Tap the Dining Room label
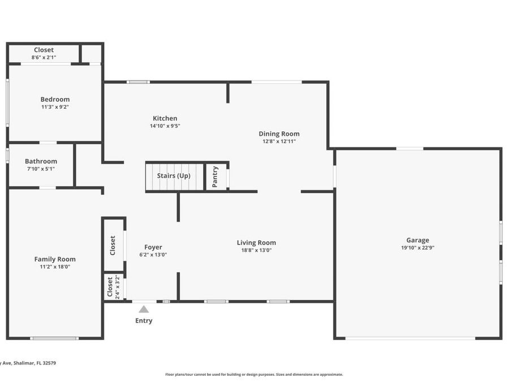(x=279, y=134)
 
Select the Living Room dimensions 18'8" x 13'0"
(x=256, y=250)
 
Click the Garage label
(x=417, y=240)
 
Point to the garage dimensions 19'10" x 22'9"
(x=417, y=247)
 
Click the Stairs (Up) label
(x=174, y=175)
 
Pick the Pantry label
(x=215, y=177)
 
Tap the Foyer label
(x=153, y=247)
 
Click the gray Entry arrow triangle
(x=144, y=309)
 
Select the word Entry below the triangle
(x=144, y=321)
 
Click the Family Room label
(x=55, y=259)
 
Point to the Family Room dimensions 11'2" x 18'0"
(x=55, y=267)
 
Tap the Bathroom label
(x=41, y=161)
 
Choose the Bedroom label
(x=55, y=100)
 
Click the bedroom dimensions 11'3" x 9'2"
(x=55, y=107)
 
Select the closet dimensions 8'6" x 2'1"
(x=44, y=57)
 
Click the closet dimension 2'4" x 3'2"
(x=117, y=287)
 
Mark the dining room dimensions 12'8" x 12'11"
(x=279, y=141)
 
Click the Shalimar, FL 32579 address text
(x=28, y=363)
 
